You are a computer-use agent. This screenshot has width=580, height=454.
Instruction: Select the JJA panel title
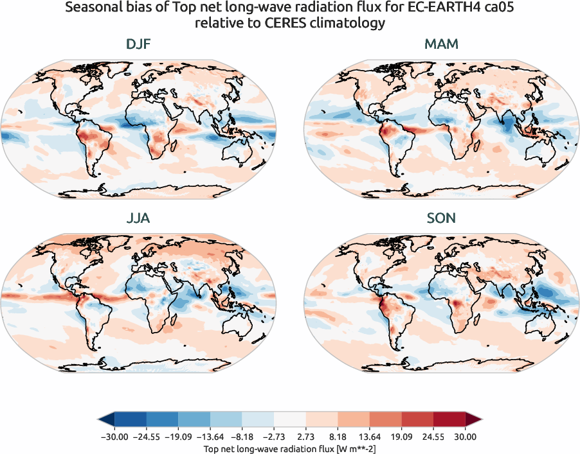pos(138,218)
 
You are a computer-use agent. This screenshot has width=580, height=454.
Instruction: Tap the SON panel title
pos(441,218)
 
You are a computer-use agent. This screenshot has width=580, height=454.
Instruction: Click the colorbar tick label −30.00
pos(114,436)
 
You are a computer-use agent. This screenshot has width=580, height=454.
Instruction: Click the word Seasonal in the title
pos(126,8)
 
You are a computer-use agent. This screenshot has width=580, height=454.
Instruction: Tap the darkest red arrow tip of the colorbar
pos(475,421)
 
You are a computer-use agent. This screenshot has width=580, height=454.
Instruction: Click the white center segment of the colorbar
pos(289,421)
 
